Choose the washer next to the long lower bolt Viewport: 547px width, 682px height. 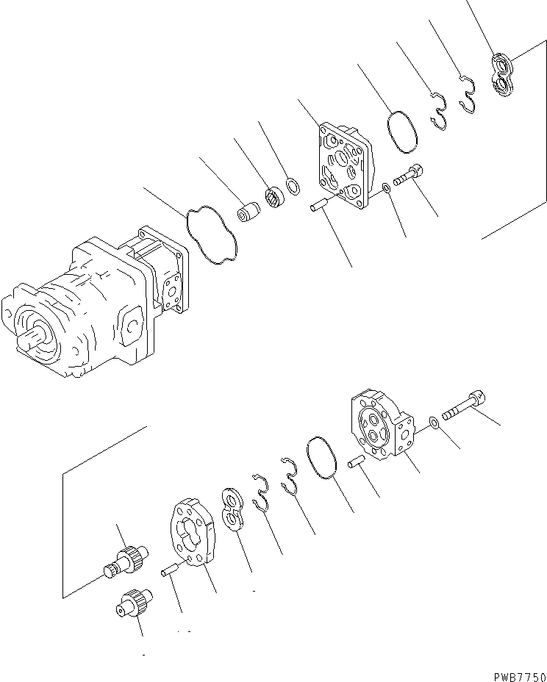coord(435,422)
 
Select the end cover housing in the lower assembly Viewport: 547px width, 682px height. coord(381,430)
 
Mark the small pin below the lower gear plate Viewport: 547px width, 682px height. coord(171,570)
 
